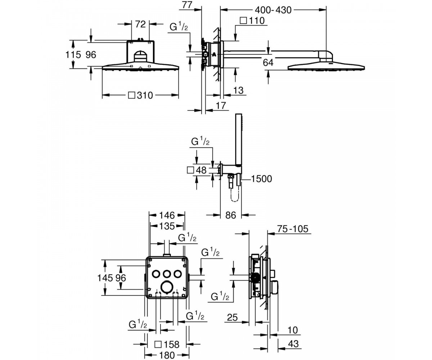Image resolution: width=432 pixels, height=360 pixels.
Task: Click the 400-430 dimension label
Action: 273,10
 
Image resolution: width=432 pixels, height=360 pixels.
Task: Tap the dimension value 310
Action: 145,95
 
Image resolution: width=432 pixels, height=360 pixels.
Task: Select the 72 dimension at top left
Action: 140,24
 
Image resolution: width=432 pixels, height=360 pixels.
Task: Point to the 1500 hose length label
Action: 261,179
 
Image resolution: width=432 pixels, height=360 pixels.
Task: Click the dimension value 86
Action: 231,215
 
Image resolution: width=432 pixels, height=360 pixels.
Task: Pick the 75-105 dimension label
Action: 293,229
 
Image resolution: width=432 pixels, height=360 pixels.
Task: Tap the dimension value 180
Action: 167,355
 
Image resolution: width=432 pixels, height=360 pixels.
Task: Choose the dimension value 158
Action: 172,345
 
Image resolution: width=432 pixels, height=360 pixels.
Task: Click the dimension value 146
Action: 167,215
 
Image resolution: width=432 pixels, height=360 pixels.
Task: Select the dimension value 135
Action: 167,226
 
